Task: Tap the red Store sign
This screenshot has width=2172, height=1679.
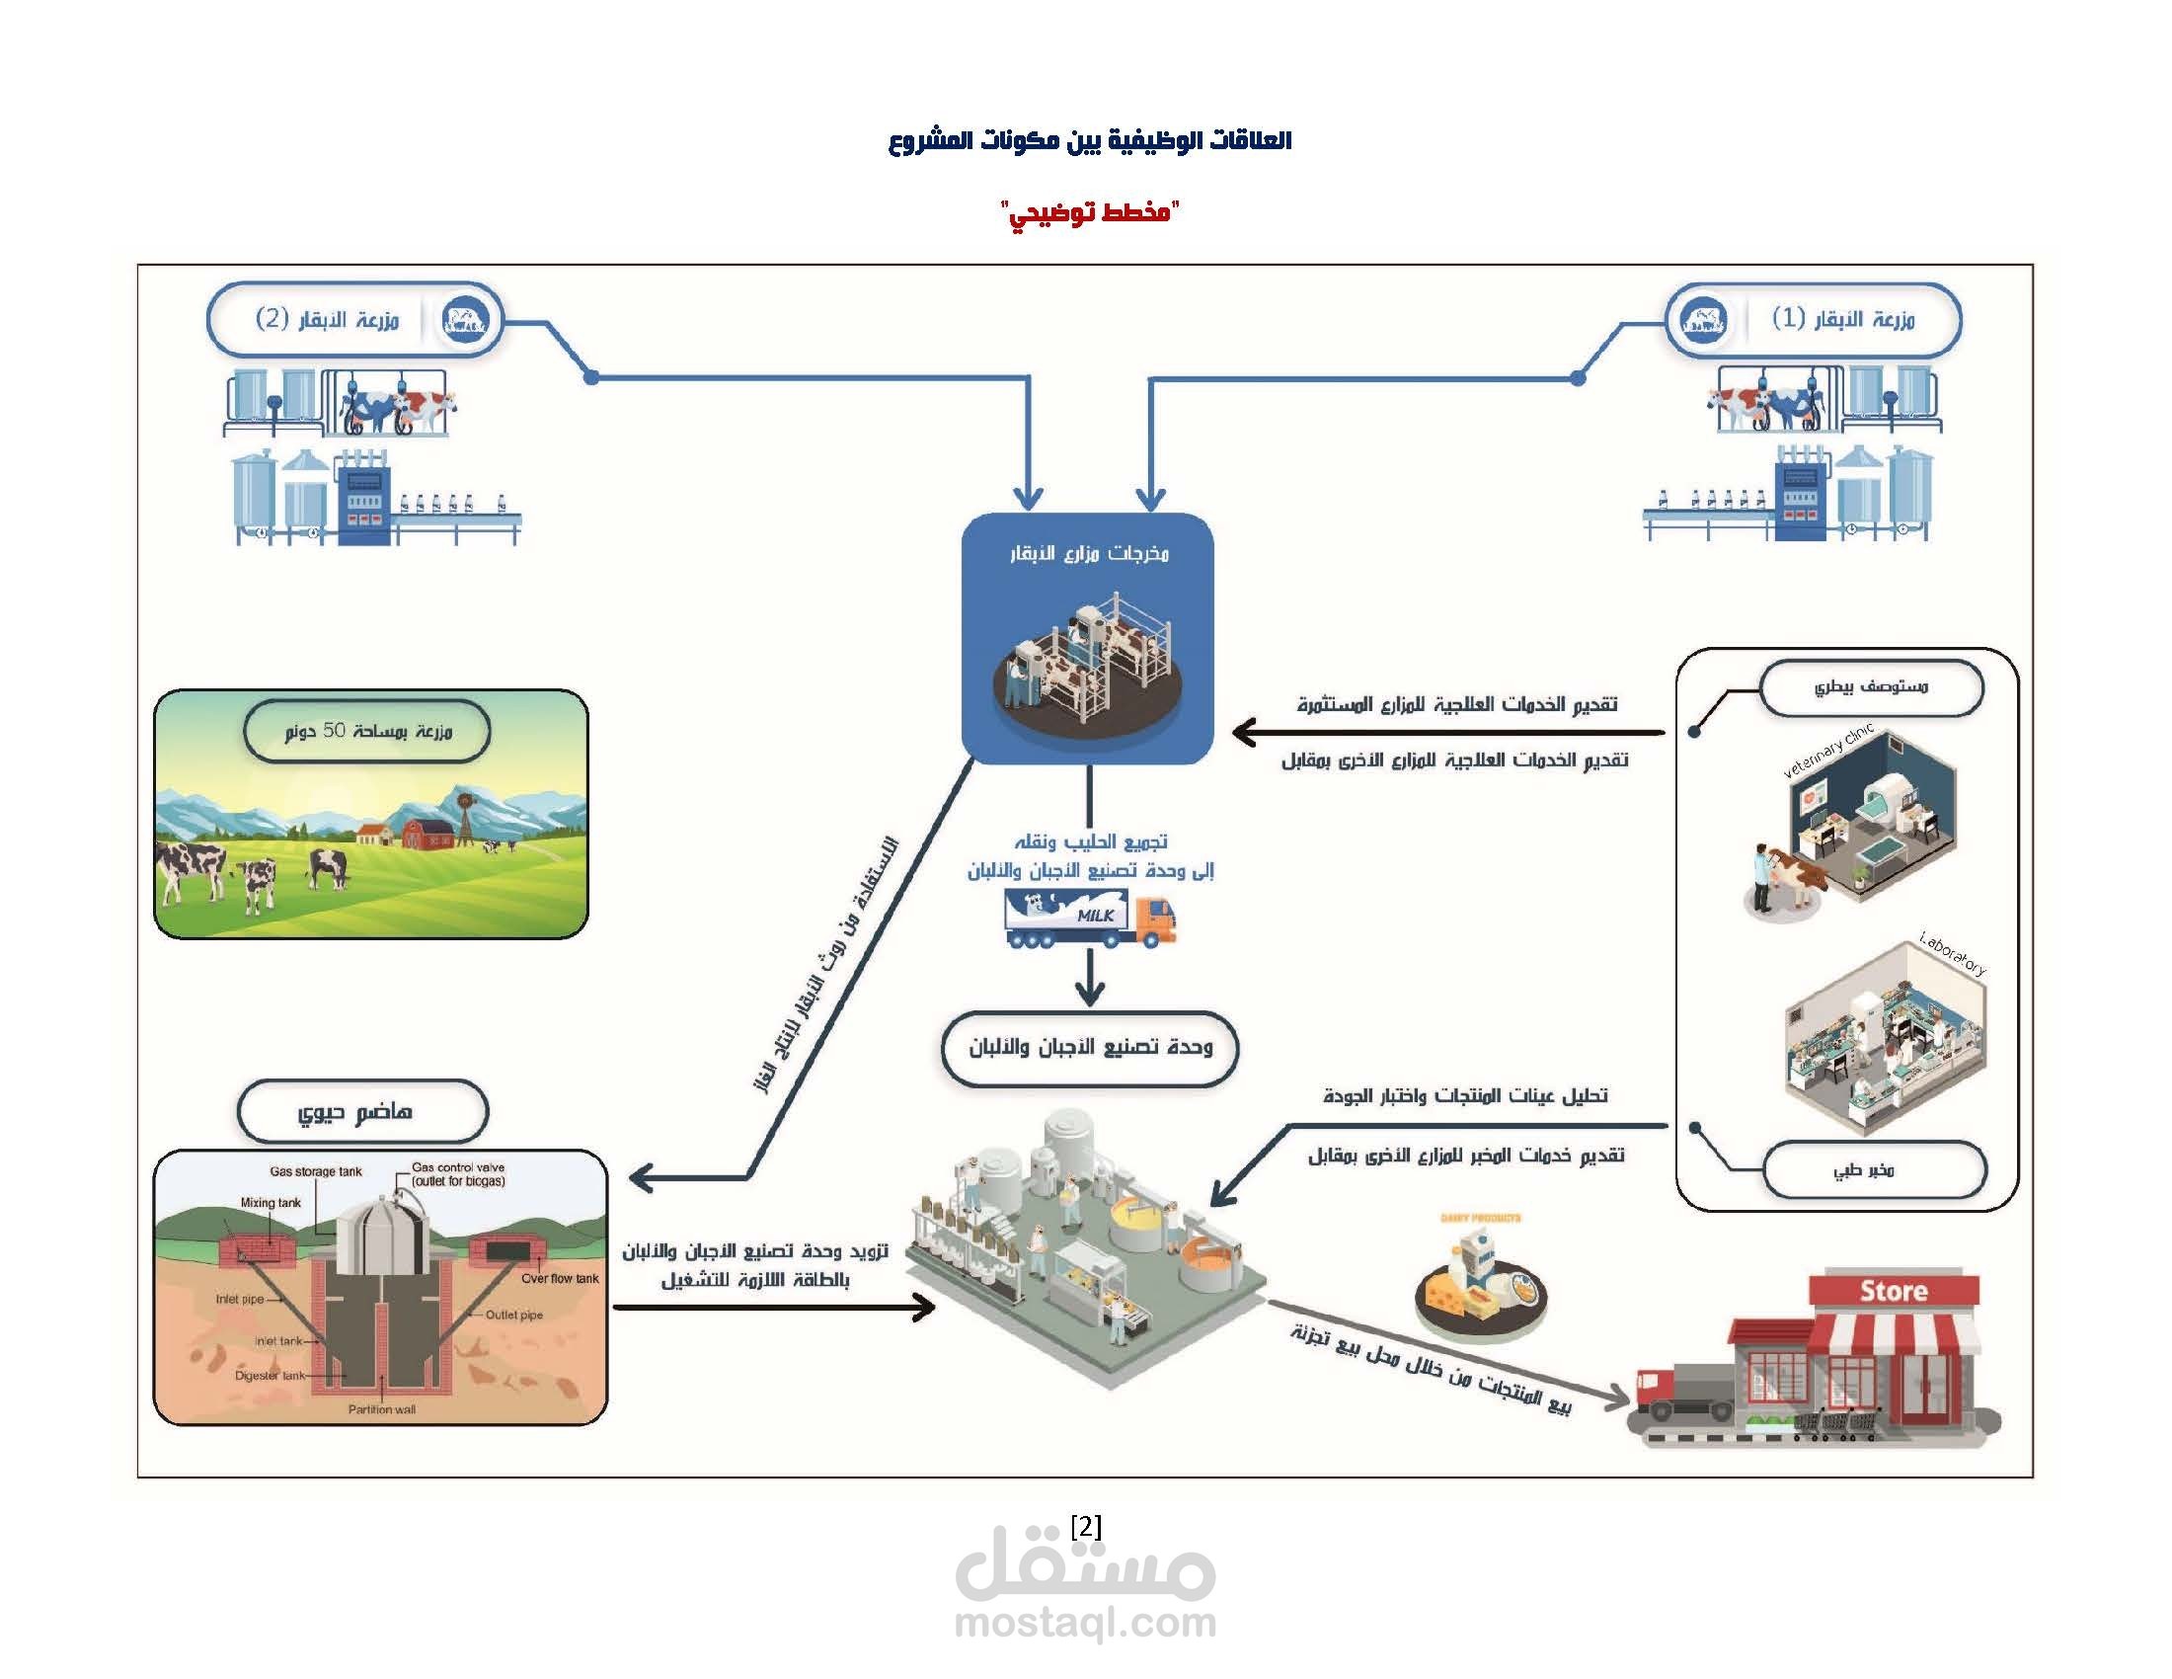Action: (x=1894, y=1290)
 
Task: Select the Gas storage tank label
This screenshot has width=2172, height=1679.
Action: (x=315, y=1171)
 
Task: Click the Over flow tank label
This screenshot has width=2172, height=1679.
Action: (x=560, y=1278)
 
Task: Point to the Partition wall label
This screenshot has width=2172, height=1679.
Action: (x=382, y=1409)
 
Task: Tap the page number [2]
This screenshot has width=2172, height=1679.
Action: (x=1086, y=1526)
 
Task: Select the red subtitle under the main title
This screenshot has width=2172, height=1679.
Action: (x=1089, y=212)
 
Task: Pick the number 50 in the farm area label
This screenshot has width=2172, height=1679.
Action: (x=333, y=731)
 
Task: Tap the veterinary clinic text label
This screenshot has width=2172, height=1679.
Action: (x=1826, y=752)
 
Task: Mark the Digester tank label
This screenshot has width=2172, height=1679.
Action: (x=270, y=1376)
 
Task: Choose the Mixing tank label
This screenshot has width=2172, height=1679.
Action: (x=270, y=1203)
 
